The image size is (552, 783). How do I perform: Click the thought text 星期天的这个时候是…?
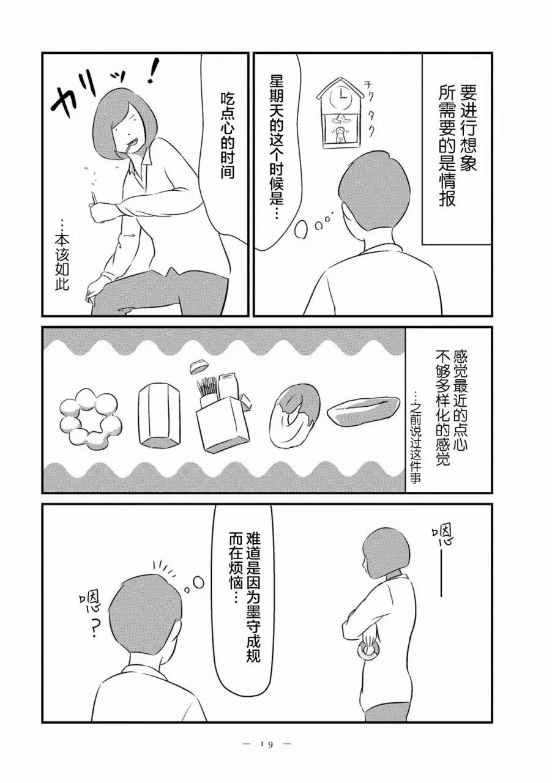[x=279, y=147]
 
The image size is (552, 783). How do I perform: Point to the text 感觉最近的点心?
[x=460, y=398]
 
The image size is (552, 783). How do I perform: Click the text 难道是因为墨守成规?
[x=253, y=596]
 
